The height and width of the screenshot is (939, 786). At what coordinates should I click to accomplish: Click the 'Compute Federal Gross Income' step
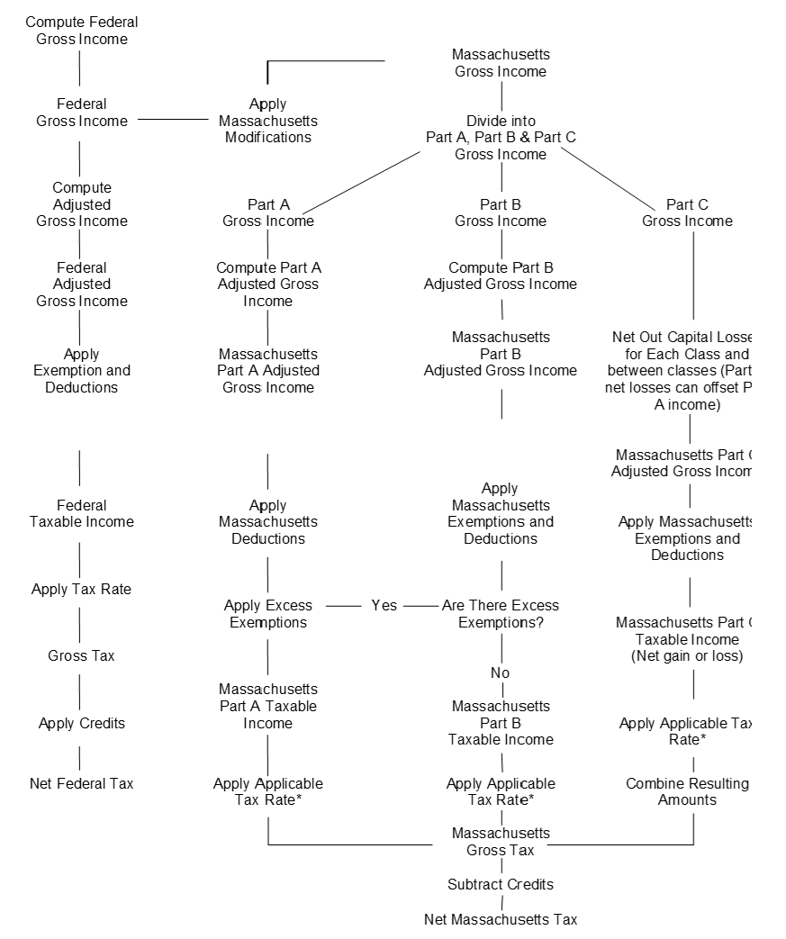pyautogui.click(x=81, y=31)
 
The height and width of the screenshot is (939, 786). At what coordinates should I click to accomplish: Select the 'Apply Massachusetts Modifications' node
pyautogui.click(x=267, y=121)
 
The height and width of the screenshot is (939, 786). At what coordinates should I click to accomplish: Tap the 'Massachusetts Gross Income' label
pyautogui.click(x=501, y=63)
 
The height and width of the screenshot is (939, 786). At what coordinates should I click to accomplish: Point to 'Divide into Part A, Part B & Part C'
pyautogui.click(x=501, y=137)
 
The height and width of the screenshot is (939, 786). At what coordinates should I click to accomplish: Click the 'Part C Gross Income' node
pyautogui.click(x=687, y=212)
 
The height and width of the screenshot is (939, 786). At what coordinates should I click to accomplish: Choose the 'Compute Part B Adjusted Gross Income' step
pyautogui.click(x=501, y=275)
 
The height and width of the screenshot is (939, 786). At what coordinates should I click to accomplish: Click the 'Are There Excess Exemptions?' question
pyautogui.click(x=501, y=614)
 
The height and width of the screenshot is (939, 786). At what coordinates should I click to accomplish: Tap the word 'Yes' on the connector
pyautogui.click(x=384, y=606)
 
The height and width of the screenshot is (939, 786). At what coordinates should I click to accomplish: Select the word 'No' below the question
pyautogui.click(x=501, y=673)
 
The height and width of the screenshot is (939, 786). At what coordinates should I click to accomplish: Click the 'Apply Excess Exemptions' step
pyautogui.click(x=267, y=614)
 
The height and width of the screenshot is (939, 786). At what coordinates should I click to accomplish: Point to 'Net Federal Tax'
pyautogui.click(x=81, y=783)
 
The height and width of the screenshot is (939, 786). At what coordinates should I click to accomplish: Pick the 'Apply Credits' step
pyautogui.click(x=81, y=724)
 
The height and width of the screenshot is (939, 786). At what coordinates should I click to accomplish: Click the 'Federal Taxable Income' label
pyautogui.click(x=81, y=513)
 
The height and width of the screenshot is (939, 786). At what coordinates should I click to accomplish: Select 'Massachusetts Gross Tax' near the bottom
pyautogui.click(x=501, y=842)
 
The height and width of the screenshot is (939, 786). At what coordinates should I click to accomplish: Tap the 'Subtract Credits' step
pyautogui.click(x=501, y=884)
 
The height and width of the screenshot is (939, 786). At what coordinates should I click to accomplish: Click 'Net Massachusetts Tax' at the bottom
pyautogui.click(x=501, y=919)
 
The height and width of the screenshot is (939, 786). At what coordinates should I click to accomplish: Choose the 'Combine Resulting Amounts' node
pyautogui.click(x=687, y=791)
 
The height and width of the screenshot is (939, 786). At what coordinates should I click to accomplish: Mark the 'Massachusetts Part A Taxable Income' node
pyautogui.click(x=267, y=707)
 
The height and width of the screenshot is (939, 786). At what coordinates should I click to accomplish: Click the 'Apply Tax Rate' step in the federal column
pyautogui.click(x=81, y=590)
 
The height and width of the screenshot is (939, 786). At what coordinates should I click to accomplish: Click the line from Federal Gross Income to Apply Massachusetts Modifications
pyautogui.click(x=173, y=118)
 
